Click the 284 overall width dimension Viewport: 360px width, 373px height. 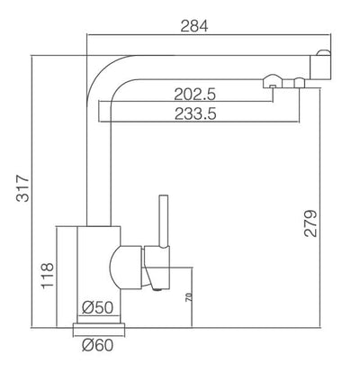(194, 26)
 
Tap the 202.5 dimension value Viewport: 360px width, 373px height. (195, 95)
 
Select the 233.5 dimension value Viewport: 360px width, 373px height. (195, 114)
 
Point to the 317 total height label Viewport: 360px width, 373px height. (23, 188)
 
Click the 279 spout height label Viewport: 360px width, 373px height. (310, 223)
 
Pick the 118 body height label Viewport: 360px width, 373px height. (48, 276)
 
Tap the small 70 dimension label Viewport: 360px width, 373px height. (188, 297)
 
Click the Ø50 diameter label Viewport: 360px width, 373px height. (98, 307)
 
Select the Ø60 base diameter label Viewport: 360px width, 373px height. (98, 345)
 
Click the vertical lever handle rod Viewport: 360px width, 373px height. (164, 222)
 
